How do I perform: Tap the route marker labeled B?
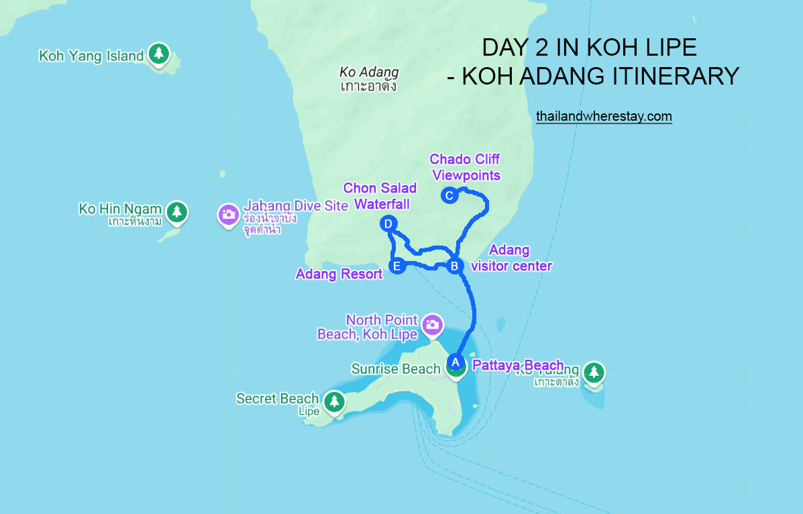click(455, 266)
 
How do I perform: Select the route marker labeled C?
click(449, 196)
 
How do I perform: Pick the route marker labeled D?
click(388, 224)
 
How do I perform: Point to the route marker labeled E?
click(396, 266)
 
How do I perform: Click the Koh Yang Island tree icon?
click(159, 54)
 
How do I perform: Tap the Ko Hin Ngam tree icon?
click(176, 211)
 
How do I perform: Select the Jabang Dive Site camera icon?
click(228, 214)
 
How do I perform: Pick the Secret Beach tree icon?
click(333, 402)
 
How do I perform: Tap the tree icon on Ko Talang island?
click(594, 371)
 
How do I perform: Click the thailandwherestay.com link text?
click(604, 117)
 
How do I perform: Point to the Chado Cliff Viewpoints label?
click(465, 167)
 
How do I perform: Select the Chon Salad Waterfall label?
click(380, 196)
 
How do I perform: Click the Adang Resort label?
click(339, 274)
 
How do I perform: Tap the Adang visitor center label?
click(511, 258)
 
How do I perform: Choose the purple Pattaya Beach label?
click(517, 366)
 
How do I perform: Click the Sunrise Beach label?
click(396, 369)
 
